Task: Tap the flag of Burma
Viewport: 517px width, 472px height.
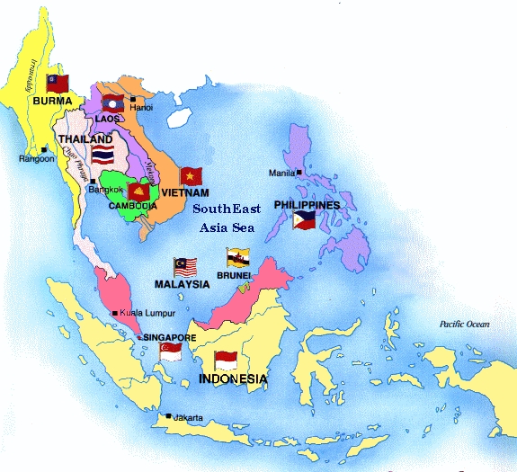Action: click(58, 84)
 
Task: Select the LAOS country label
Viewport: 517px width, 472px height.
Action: click(108, 118)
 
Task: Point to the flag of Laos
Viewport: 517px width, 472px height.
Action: click(113, 102)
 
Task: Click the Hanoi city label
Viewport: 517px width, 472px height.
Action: click(142, 107)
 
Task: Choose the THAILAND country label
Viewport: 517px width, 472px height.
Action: click(86, 140)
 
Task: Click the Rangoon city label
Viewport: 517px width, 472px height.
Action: click(37, 159)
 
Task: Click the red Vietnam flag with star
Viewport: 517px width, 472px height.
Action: click(190, 176)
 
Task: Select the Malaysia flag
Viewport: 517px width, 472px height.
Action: click(185, 267)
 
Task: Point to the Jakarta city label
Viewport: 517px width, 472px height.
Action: click(188, 417)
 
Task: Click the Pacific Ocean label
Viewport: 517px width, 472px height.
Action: click(464, 324)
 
